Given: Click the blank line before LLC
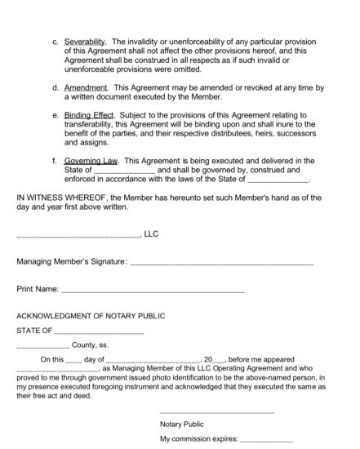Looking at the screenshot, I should coord(78,235).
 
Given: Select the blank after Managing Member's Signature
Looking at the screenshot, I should coord(221,263).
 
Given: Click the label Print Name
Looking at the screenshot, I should coord(38,289).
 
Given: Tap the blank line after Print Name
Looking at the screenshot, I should coord(153,291).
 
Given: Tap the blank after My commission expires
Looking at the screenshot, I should coord(264,441).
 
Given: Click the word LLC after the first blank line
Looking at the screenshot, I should coord(150,233).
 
